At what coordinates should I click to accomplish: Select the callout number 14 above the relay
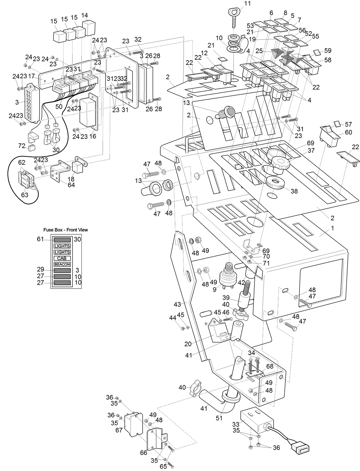pos(85,15)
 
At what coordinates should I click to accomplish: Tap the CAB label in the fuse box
pos(62,258)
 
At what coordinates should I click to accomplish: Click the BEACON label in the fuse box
pos(62,264)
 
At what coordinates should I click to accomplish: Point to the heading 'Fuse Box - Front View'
pos(65,230)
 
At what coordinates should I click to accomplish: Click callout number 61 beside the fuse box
pos(40,239)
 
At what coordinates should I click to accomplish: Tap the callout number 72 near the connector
pos(22,146)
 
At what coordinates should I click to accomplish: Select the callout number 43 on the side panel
pos(177,304)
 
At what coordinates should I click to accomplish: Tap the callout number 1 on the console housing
pos(332,228)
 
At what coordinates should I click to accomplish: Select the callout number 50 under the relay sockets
pos(59,106)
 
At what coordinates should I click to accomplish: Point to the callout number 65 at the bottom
pos(163,466)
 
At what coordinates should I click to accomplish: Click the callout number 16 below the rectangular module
pos(93,136)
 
